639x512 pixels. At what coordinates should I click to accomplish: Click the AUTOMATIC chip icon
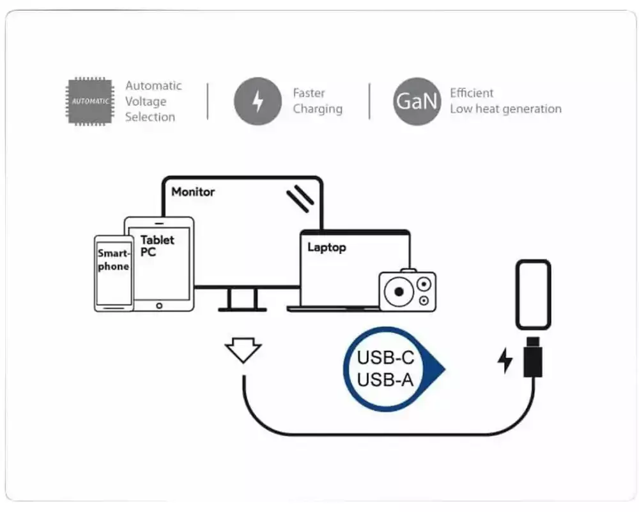(89, 100)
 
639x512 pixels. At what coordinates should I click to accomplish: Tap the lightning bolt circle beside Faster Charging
(258, 101)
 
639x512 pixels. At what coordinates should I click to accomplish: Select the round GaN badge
(417, 101)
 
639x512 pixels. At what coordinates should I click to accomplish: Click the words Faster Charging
(318, 101)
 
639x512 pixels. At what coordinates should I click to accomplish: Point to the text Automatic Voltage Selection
(153, 101)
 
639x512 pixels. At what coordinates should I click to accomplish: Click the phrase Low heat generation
(505, 109)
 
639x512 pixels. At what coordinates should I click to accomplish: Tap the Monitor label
(193, 191)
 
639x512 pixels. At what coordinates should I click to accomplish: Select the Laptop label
(327, 247)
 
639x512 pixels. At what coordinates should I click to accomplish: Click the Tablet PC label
(157, 246)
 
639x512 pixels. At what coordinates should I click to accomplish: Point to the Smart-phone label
(113, 260)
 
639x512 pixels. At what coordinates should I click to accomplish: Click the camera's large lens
(399, 292)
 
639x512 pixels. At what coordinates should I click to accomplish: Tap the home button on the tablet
(159, 306)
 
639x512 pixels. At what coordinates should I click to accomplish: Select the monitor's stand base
(242, 310)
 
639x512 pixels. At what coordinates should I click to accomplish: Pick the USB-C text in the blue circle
(385, 357)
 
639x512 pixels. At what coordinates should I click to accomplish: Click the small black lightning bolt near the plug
(505, 361)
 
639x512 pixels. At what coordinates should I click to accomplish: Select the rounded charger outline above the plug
(533, 294)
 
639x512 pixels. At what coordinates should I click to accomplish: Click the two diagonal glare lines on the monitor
(300, 198)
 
